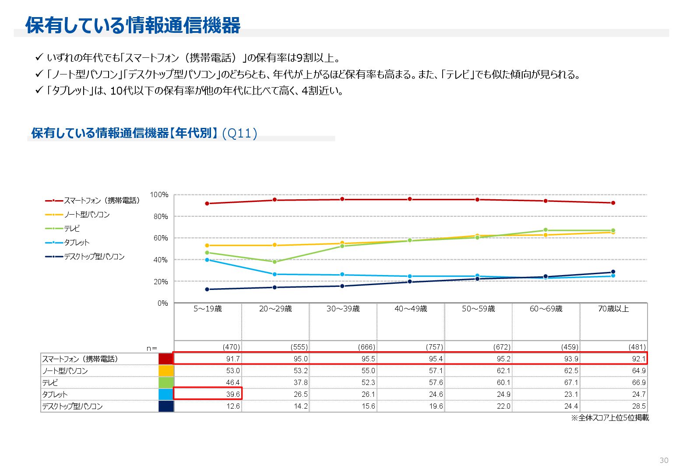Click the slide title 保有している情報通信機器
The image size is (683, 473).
(133, 25)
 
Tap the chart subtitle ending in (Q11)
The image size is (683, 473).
(144, 133)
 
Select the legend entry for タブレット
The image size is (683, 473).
(77, 243)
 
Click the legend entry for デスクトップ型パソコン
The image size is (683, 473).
(94, 257)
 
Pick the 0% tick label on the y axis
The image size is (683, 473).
(162, 303)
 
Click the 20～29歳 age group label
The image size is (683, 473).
(275, 309)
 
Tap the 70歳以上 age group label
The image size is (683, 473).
(613, 309)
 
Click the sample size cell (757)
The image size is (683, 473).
(434, 347)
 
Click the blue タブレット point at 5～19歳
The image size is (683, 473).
(207, 260)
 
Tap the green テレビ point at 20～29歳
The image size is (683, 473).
(275, 262)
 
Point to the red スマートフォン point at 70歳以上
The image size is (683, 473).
(613, 203)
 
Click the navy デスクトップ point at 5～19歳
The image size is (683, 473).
(207, 289)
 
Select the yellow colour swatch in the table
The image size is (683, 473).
(166, 371)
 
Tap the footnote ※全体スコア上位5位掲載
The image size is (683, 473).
(609, 418)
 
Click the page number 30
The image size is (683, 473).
(664, 460)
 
